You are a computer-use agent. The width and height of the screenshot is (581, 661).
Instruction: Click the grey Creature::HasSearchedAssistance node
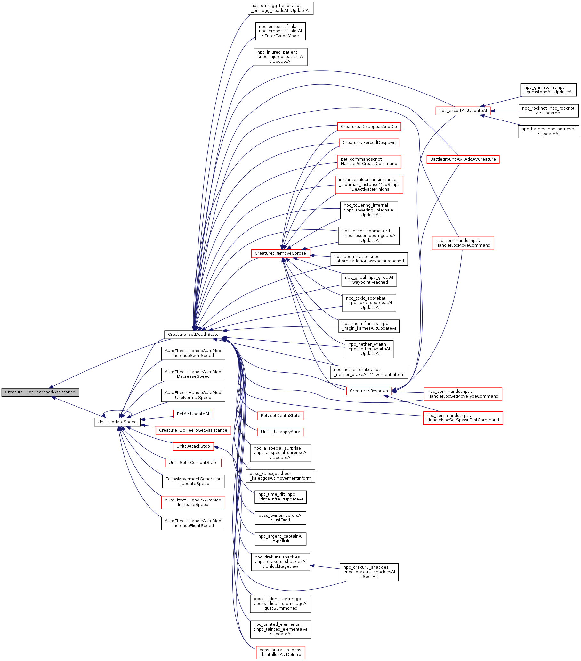40,392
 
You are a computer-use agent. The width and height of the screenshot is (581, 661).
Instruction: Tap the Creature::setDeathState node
193,335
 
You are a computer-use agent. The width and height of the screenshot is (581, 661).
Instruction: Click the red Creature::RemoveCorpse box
280,253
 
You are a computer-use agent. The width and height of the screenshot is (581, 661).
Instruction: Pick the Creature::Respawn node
369,391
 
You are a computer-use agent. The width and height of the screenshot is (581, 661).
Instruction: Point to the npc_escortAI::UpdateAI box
463,110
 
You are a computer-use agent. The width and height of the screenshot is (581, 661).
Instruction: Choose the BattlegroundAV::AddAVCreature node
463,159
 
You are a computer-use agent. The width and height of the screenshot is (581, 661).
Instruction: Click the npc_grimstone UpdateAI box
548,90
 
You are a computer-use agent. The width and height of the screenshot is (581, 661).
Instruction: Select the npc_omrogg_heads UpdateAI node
280,8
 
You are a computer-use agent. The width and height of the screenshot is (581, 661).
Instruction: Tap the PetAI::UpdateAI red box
193,414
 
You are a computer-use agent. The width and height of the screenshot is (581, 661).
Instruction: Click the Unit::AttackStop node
193,446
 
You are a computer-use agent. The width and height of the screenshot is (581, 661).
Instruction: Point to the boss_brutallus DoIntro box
280,652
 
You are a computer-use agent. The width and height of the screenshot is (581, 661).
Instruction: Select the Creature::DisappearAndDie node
369,127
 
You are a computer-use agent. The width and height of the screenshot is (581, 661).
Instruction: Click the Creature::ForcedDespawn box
369,142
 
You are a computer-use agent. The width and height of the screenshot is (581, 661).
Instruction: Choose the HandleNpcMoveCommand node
463,243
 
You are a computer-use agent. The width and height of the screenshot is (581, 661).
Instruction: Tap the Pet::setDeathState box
280,415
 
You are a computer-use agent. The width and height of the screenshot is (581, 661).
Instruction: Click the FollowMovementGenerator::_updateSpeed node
193,481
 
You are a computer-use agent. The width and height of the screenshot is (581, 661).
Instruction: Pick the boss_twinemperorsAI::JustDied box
280,517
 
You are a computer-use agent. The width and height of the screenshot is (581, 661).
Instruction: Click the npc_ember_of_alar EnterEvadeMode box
280,31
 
